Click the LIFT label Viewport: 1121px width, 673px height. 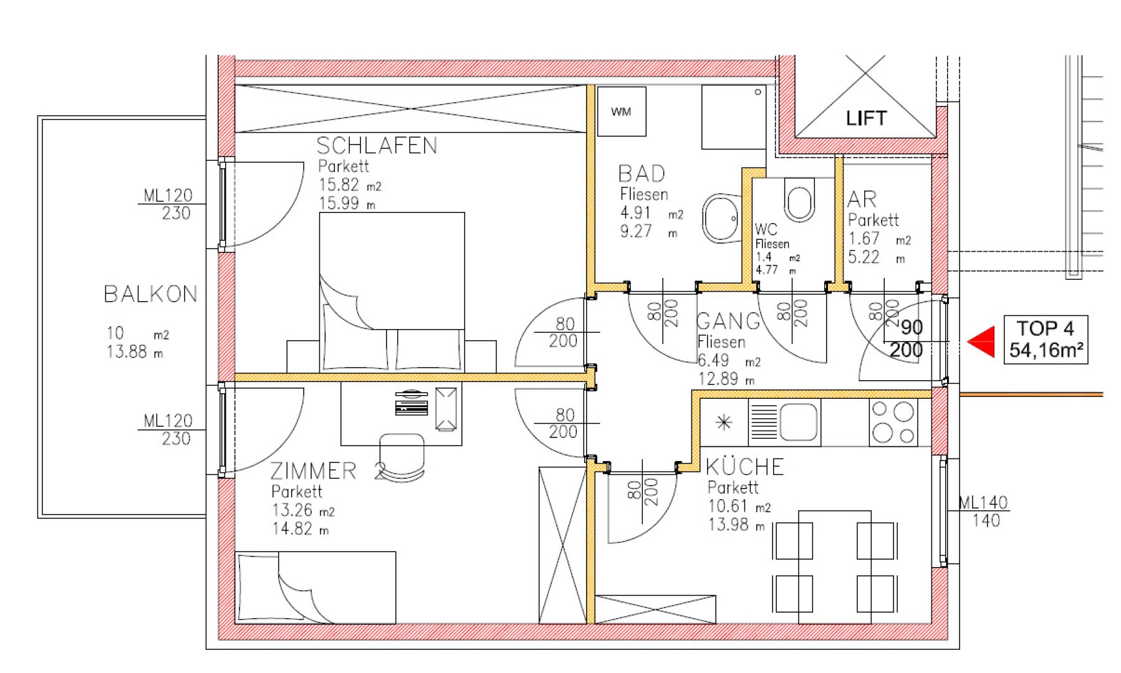coord(865,118)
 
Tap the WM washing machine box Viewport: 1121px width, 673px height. coord(622,112)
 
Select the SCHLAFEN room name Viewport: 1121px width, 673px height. coord(377,146)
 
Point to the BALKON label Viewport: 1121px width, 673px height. coord(150,294)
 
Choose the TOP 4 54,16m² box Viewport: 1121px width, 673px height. coord(1046,340)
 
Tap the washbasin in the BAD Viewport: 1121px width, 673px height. coord(721,219)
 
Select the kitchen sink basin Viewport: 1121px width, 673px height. coord(798,422)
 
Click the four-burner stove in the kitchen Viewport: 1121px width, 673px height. coord(894,422)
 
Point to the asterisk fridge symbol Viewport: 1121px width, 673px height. coord(723,423)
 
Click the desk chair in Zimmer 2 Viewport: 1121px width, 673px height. coord(402,457)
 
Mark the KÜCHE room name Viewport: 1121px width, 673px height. coord(744,466)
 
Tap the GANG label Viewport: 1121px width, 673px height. coord(728,322)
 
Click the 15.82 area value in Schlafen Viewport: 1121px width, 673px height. coord(339,185)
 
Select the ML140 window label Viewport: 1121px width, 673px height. coord(983,502)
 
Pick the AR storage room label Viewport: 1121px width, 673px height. coord(862,199)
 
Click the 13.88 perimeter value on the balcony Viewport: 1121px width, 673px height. coord(127,352)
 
